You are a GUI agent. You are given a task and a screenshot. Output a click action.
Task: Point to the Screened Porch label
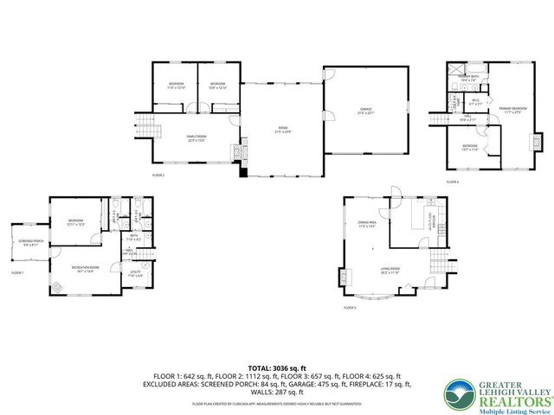pyautogui.click(x=29, y=245)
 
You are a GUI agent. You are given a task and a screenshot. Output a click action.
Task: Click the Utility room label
pyautogui.click(x=136, y=275)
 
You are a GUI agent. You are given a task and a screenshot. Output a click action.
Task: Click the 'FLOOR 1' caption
pyautogui.click(x=17, y=272)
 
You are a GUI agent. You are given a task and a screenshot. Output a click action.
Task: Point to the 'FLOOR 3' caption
pyautogui.click(x=349, y=308)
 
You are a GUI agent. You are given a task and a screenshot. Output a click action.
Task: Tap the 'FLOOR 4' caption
pyautogui.click(x=453, y=182)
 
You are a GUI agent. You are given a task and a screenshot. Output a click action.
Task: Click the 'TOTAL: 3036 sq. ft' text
pyautogui.click(x=276, y=368)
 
